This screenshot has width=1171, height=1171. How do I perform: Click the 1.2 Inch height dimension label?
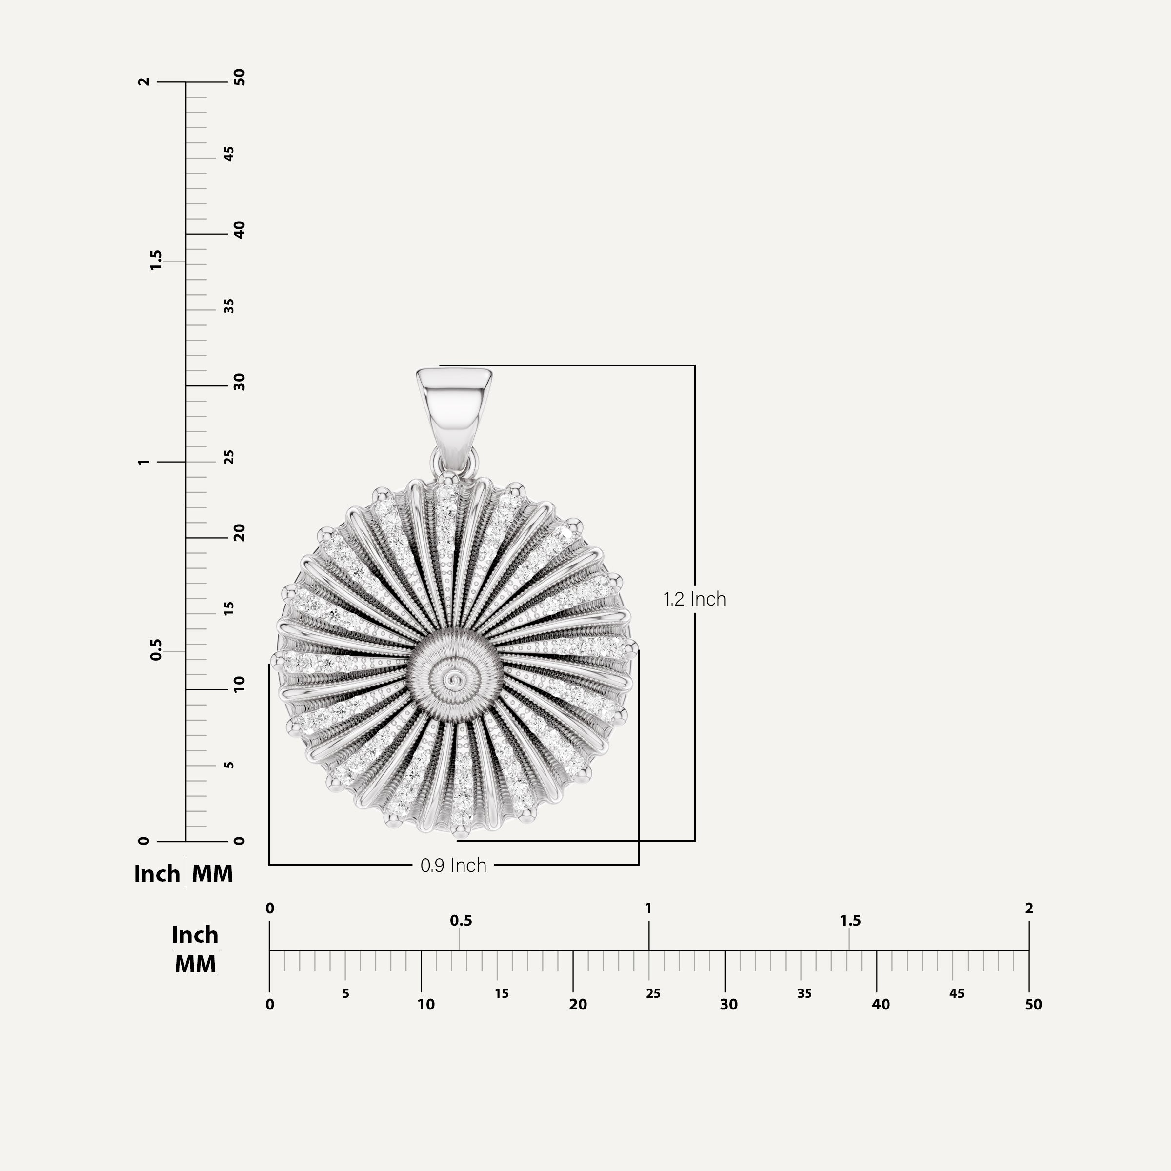pos(695,599)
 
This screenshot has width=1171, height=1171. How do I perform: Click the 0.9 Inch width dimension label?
pos(453,865)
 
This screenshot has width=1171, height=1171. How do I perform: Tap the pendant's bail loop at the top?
pos(454,403)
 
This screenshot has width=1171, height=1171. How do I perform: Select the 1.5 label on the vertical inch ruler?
pos(156,260)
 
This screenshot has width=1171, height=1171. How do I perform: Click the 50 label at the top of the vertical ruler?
pos(240,77)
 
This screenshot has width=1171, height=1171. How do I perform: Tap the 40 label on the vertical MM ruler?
pos(240,230)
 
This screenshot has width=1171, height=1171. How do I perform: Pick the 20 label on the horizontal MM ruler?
pos(578,1004)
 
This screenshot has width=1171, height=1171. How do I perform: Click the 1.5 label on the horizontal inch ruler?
pos(850,921)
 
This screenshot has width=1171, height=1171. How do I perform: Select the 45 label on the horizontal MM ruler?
pos(956,993)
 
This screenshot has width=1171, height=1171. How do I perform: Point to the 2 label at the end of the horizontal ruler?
pos(1029,909)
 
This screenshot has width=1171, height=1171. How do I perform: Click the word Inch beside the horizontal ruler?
pos(195,935)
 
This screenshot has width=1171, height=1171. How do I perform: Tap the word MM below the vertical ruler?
pos(212,874)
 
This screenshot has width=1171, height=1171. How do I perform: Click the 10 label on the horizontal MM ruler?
pos(425,1004)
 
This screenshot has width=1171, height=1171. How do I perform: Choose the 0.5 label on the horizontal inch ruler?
pos(461,921)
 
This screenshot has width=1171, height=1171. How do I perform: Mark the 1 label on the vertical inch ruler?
pos(143,462)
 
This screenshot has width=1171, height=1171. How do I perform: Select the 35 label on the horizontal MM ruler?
pos(804,993)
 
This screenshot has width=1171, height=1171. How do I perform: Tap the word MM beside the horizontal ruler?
pos(195,964)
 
